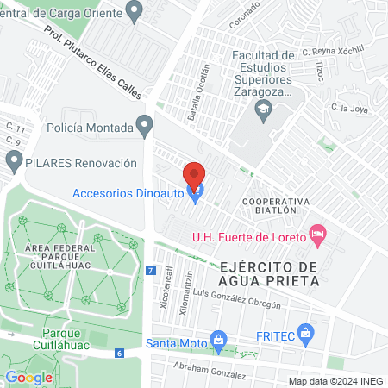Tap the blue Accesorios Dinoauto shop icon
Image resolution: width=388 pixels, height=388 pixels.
196,194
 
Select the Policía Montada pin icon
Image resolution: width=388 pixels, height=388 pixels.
146,128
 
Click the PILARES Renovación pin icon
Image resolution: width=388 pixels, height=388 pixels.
14,162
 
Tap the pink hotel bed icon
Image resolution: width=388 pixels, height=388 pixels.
317,234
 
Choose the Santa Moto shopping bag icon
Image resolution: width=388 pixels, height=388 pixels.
219,341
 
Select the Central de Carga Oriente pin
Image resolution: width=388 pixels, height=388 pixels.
133,11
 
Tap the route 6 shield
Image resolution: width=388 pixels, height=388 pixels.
120,353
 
